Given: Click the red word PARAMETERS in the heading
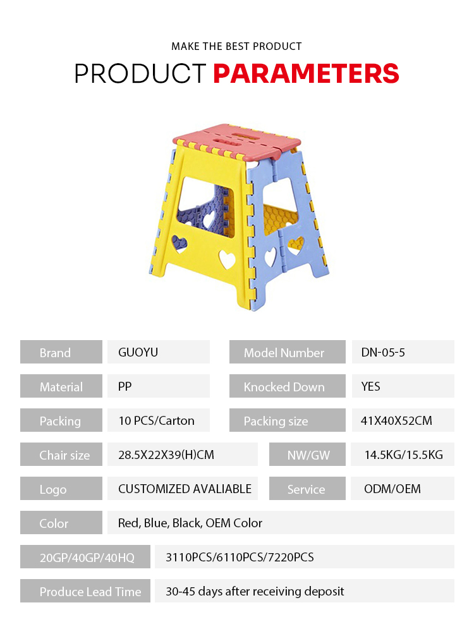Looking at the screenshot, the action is pos(306,73).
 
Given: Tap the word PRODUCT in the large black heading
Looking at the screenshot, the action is pos(140,73).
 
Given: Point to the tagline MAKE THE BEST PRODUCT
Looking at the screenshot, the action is pos(236,46).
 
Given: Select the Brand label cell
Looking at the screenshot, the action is pos(61,351).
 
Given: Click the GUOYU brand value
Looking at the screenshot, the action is pos(138,352).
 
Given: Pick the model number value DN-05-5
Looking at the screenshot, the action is pos(383,352).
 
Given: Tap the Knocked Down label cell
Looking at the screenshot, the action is pos(288,386).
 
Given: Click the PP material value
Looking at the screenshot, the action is pos(125,386).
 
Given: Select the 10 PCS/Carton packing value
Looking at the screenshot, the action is pos(157,420).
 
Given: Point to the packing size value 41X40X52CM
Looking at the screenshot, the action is pos(396,420).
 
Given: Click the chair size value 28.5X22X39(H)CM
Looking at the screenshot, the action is pos(166,455).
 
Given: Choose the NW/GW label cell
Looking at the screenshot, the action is pos(307,455).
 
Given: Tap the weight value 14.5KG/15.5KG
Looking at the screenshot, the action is pos(404,455).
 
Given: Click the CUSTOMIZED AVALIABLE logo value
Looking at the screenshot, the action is pos(185,489).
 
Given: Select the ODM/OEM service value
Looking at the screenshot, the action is pos(392,489).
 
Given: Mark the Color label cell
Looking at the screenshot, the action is pos(61,523).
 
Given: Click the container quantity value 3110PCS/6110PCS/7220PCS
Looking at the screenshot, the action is pos(240,557).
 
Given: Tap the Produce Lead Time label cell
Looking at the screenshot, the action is pos(85,590).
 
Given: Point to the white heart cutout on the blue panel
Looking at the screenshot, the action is pos(270,257).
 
